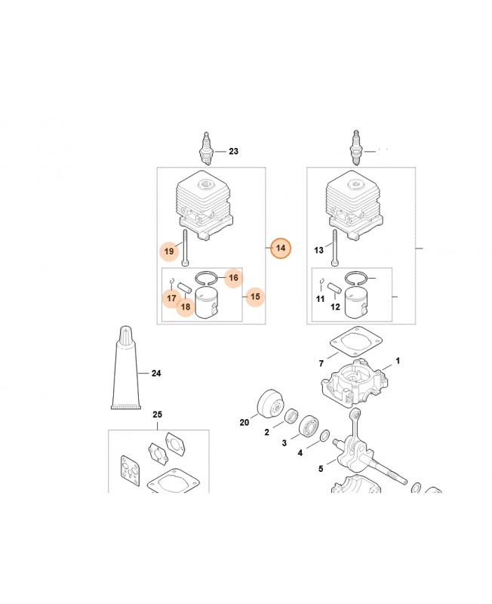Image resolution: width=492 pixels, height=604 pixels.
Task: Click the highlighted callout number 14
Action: tap(281, 248)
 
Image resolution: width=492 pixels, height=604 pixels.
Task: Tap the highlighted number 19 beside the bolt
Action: tap(169, 251)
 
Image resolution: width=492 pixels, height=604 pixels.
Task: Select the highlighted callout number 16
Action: tap(233, 278)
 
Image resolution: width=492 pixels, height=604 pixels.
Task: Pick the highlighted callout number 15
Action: tap(255, 297)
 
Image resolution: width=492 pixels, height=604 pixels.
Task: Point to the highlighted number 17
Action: tap(171, 298)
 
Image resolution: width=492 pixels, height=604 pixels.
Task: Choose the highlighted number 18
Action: tap(186, 307)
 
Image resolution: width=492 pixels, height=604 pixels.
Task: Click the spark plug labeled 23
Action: tap(207, 149)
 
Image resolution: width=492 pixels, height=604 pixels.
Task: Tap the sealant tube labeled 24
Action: tap(125, 368)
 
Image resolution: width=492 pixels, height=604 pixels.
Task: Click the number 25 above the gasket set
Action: tap(157, 414)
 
